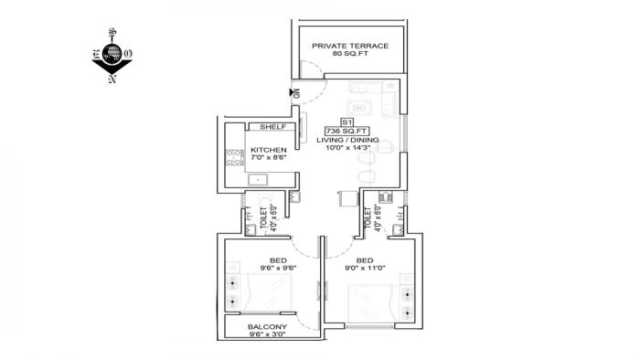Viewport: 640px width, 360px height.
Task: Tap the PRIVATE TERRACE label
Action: tap(349, 46)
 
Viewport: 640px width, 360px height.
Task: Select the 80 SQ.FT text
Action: tap(349, 55)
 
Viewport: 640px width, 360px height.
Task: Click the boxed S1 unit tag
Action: tap(347, 121)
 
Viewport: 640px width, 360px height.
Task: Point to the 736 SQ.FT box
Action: tap(347, 131)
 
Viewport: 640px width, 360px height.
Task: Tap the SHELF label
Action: tap(273, 127)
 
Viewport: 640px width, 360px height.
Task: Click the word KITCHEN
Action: tap(269, 150)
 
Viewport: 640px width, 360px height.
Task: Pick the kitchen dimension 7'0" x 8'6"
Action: tap(269, 158)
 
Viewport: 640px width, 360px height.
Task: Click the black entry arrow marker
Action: tap(293, 92)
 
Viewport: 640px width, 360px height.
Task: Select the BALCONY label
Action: tap(268, 327)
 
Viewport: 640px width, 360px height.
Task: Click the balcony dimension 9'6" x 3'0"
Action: tap(268, 335)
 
